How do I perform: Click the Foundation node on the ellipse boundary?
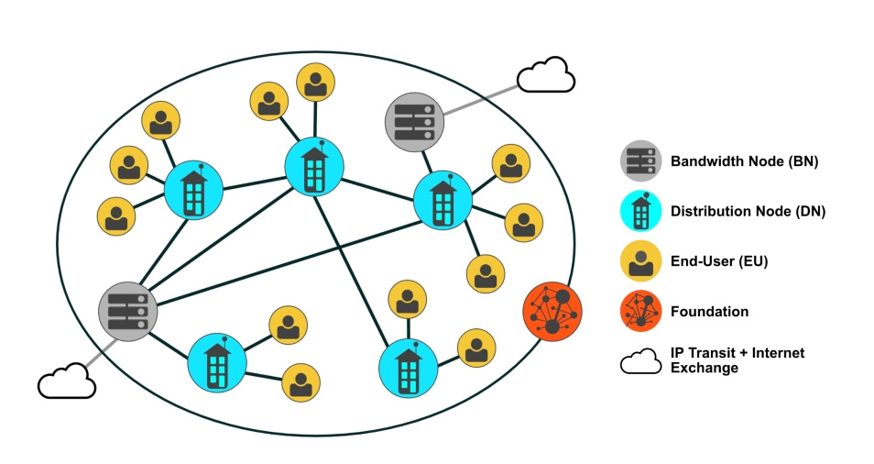pos(552,311)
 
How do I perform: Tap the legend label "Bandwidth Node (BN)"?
pos(744,161)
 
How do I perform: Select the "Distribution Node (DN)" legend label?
pos(748,211)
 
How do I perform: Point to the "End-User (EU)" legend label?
pos(719,261)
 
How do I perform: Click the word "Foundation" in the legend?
pos(709,311)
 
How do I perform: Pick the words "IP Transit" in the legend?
pos(702,353)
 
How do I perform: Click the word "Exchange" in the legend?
pos(704,368)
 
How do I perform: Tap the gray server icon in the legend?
pos(641,160)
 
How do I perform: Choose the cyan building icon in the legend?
pos(641,211)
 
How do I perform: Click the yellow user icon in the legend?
pos(641,261)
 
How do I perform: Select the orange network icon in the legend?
pos(641,311)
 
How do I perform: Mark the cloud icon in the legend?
pos(641,360)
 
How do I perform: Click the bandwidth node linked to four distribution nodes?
pos(127,311)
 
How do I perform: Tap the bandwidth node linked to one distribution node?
pos(415,122)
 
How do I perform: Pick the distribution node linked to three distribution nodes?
pos(314,167)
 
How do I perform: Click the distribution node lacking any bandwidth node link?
pos(408,368)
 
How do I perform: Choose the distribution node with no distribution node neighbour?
pos(217,363)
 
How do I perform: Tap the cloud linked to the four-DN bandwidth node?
pos(67,381)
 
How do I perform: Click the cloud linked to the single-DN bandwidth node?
pos(546,74)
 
